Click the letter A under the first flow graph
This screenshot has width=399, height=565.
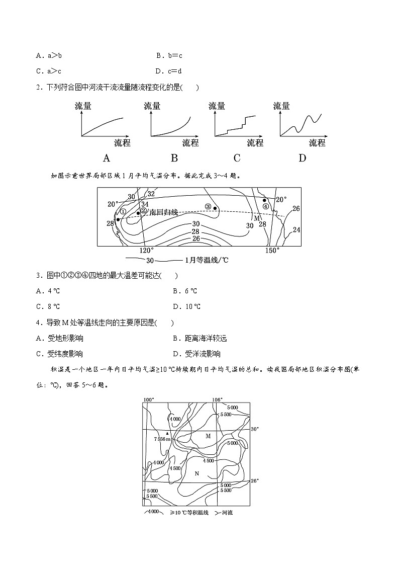pyautogui.click(x=107, y=158)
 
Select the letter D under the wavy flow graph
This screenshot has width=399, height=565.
pyautogui.click(x=302, y=158)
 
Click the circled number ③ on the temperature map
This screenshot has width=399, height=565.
pyautogui.click(x=208, y=207)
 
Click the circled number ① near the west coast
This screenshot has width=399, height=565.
pyautogui.click(x=122, y=211)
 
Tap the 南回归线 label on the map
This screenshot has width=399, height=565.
pyautogui.click(x=164, y=213)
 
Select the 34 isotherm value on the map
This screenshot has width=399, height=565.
pyautogui.click(x=145, y=204)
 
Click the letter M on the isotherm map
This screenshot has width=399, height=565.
pyautogui.click(x=256, y=218)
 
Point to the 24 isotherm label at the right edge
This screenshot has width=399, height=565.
pyautogui.click(x=296, y=230)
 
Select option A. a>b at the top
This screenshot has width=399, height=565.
pyautogui.click(x=45, y=56)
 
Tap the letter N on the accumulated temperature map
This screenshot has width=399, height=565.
pyautogui.click(x=196, y=473)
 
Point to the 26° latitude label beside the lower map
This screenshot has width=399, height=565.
pyautogui.click(x=255, y=480)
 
